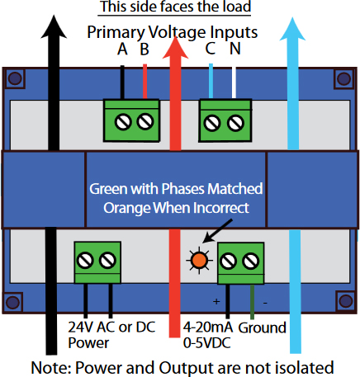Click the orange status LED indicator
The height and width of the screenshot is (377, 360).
click(x=198, y=262)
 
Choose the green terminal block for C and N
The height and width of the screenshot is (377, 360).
click(x=224, y=122)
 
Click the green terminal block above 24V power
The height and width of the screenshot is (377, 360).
click(x=96, y=262)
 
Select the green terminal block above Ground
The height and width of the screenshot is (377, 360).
click(x=240, y=262)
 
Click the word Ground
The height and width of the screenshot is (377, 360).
click(x=262, y=328)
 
